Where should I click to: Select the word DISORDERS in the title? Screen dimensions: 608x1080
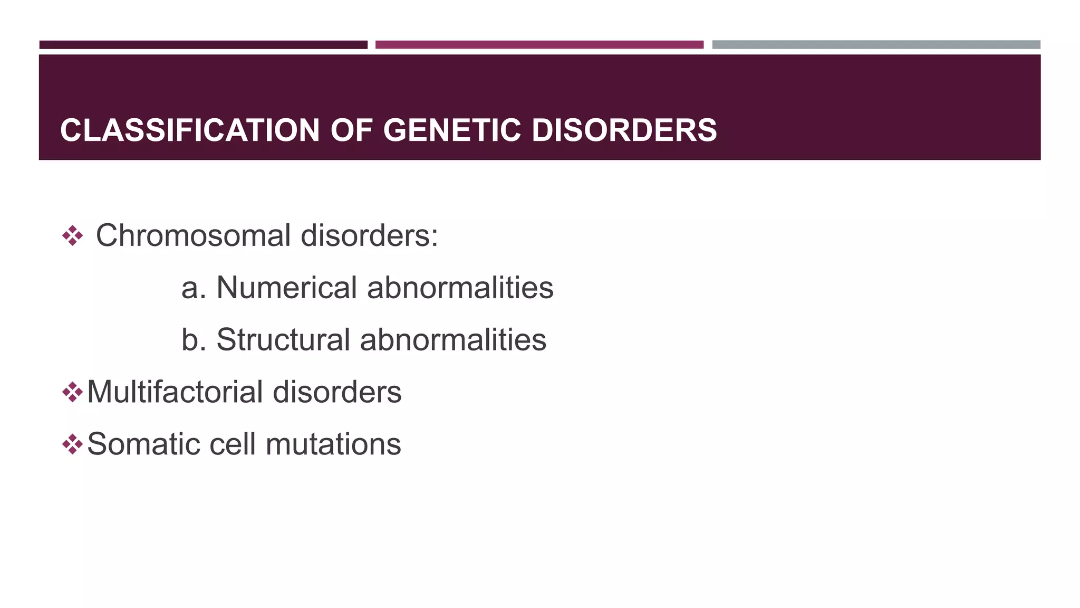point(624,130)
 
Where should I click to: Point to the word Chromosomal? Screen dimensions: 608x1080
point(193,235)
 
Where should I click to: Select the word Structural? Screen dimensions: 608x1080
point(283,340)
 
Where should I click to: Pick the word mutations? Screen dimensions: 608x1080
point(333,444)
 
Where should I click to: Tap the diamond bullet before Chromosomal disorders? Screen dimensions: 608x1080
point(72,236)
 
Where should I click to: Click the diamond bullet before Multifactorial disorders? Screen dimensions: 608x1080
point(72,392)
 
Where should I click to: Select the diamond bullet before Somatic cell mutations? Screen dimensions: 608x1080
point(72,444)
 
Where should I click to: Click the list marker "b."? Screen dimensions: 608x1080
point(194,340)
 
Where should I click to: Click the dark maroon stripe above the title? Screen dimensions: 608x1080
point(203,45)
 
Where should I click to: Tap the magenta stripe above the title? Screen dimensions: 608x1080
point(539,45)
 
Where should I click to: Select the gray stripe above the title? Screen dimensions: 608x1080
point(876,45)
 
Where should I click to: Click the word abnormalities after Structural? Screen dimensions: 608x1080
point(453,340)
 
